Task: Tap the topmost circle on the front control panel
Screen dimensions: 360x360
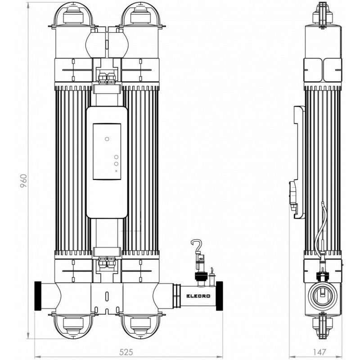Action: click(x=107, y=139)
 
